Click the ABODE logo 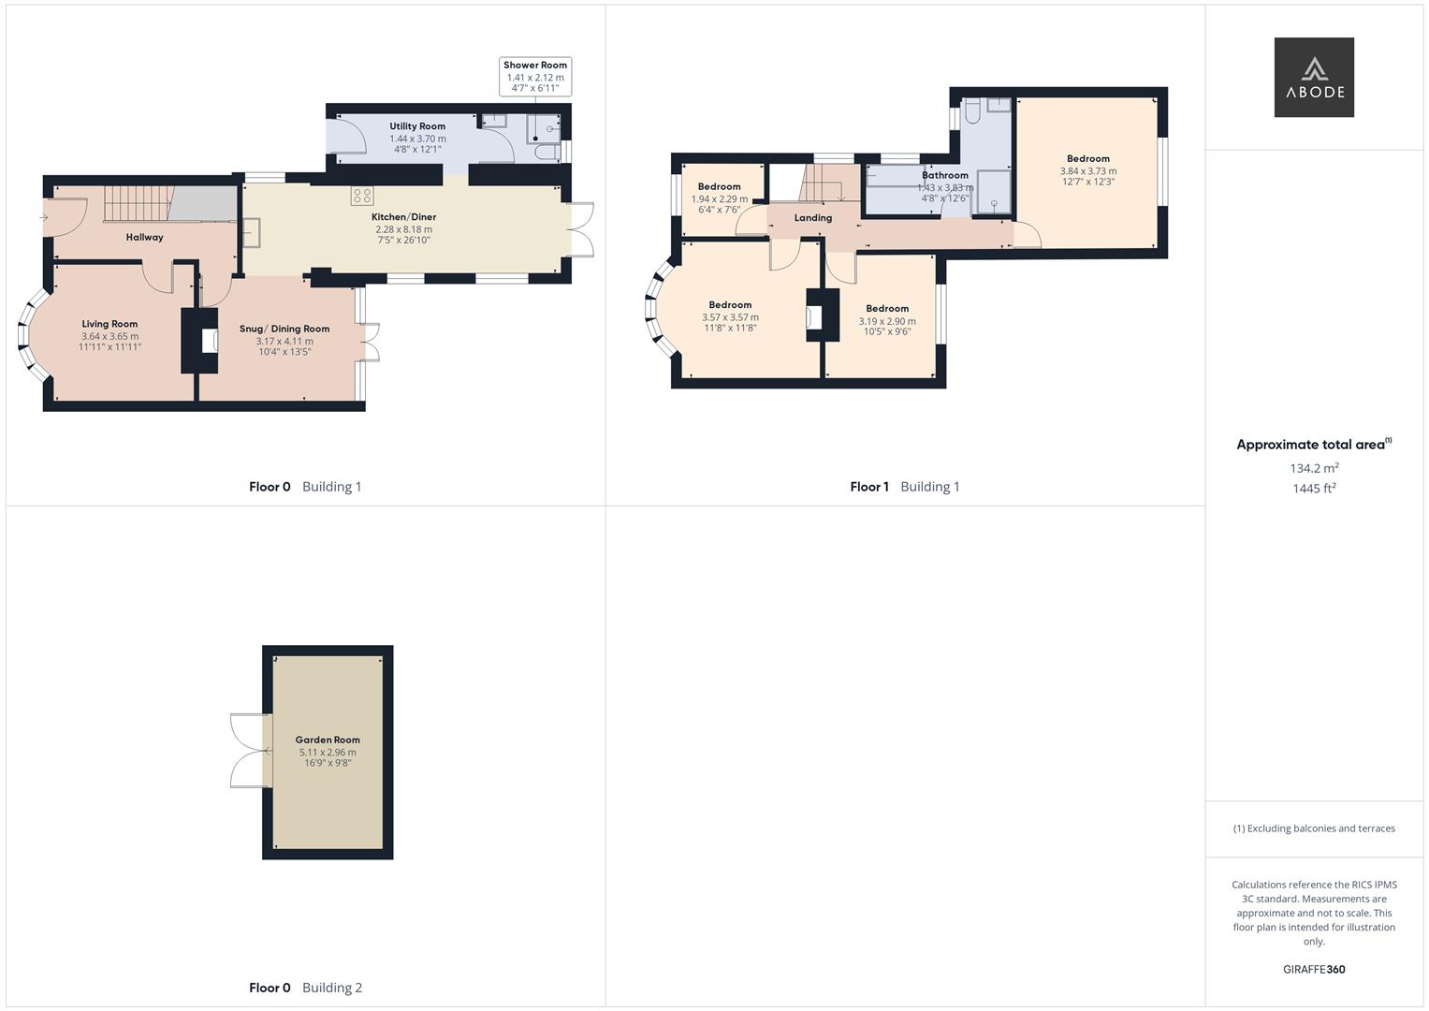coord(1314,77)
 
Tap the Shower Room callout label coord(535,66)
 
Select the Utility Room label coord(417,126)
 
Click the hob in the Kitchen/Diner coord(362,196)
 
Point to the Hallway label coord(144,238)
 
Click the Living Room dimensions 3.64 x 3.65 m coord(109,336)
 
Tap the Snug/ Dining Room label coord(284,329)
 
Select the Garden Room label coord(328,740)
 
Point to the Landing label coord(812,218)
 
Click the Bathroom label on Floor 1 coord(945,175)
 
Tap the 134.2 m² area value coord(1314,468)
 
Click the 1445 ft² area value coord(1314,489)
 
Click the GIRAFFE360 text coord(1314,970)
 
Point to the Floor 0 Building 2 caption coord(305,988)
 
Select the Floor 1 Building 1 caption coord(905,487)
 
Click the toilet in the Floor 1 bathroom coord(972,110)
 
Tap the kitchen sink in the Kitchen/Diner coord(252,232)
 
